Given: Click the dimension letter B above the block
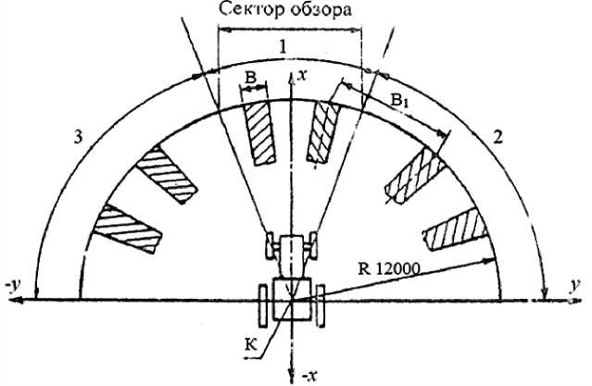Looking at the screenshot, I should (x=250, y=80).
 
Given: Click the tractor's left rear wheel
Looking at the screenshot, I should (x=262, y=305).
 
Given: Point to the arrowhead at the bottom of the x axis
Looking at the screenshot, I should (x=293, y=365).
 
